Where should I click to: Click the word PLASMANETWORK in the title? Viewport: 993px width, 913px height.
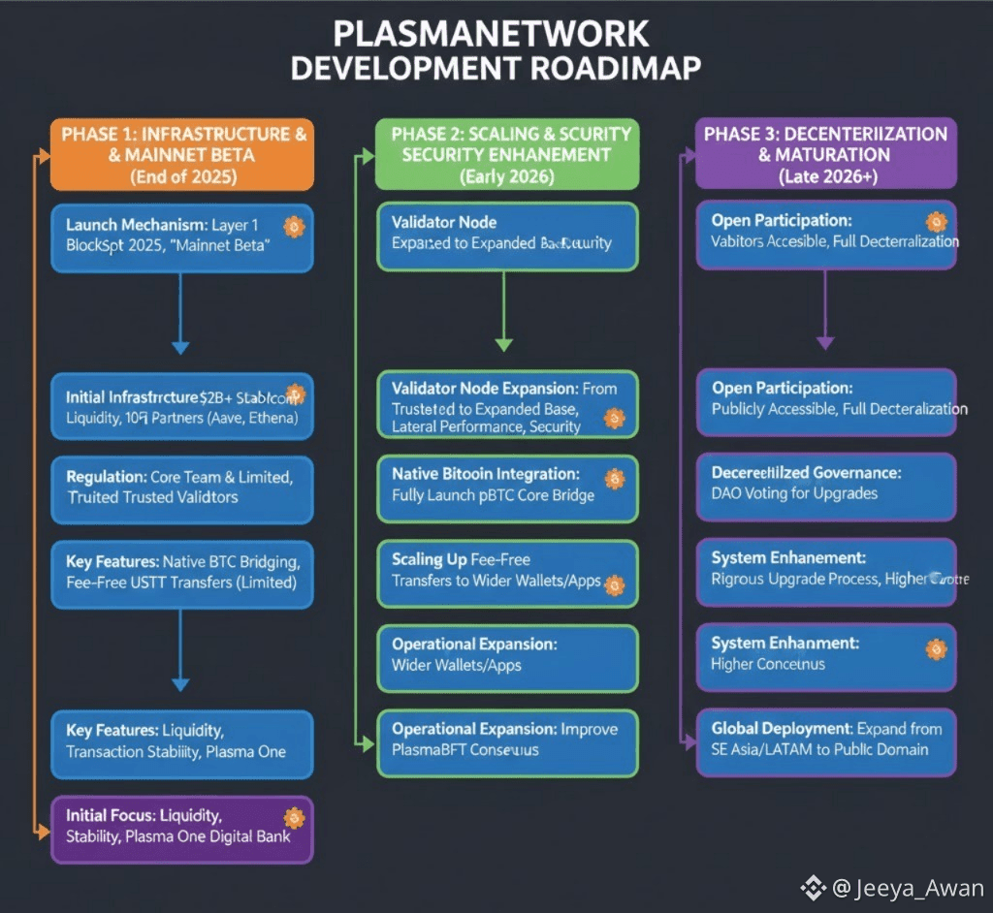pos(491,34)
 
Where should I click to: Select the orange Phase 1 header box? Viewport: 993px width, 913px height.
pos(183,154)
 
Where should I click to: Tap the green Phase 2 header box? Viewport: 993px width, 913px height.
pos(506,154)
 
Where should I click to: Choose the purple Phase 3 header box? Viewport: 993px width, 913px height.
pos(825,154)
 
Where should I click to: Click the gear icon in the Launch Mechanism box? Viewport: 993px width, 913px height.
pos(294,228)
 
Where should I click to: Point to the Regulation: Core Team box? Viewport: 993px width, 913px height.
pos(182,487)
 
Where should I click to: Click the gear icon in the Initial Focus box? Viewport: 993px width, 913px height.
pos(294,818)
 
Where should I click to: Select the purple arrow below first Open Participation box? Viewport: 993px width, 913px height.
pos(825,310)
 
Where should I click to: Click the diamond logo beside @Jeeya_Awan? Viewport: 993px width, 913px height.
pos(813,888)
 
